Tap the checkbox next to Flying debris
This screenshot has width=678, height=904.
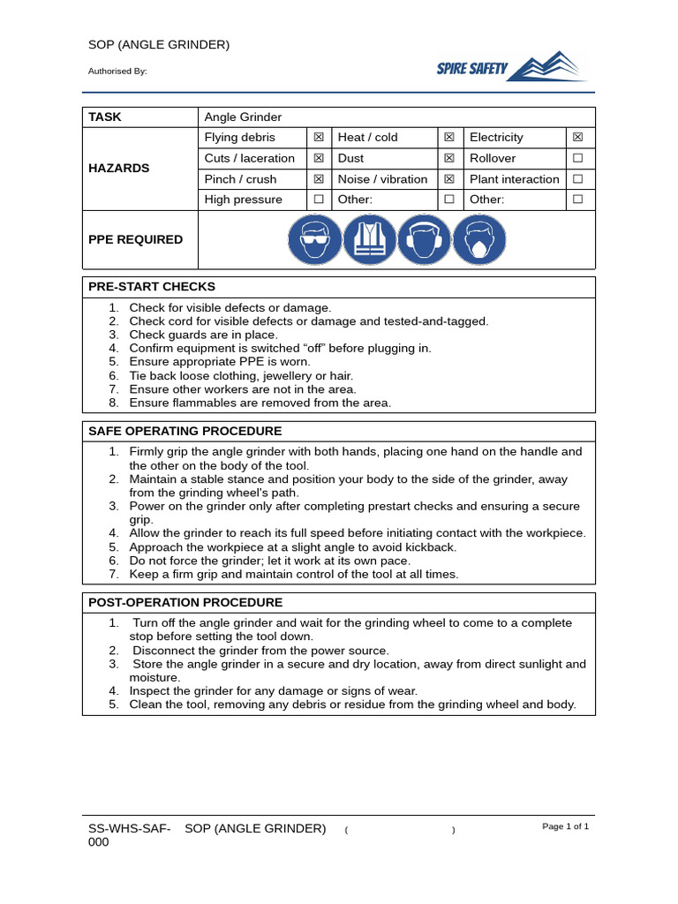click(319, 137)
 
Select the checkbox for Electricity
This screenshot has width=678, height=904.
click(577, 137)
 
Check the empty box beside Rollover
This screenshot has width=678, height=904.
click(577, 158)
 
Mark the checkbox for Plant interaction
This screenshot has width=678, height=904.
click(577, 178)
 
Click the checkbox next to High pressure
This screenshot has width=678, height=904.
click(319, 200)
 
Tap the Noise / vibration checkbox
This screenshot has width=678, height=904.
click(448, 178)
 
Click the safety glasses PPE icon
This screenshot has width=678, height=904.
click(315, 239)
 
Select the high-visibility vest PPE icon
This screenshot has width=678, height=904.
click(370, 239)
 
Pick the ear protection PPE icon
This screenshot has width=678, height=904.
click(425, 239)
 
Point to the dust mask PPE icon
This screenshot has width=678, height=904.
click(479, 239)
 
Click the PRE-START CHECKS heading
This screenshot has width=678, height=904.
click(152, 287)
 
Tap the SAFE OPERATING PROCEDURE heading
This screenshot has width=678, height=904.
click(185, 431)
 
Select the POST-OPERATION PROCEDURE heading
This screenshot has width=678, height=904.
click(185, 602)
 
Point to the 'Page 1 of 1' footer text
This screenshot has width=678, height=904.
click(565, 826)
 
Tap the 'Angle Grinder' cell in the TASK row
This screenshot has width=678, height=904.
click(243, 117)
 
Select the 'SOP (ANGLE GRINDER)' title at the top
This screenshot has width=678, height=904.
click(159, 45)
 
